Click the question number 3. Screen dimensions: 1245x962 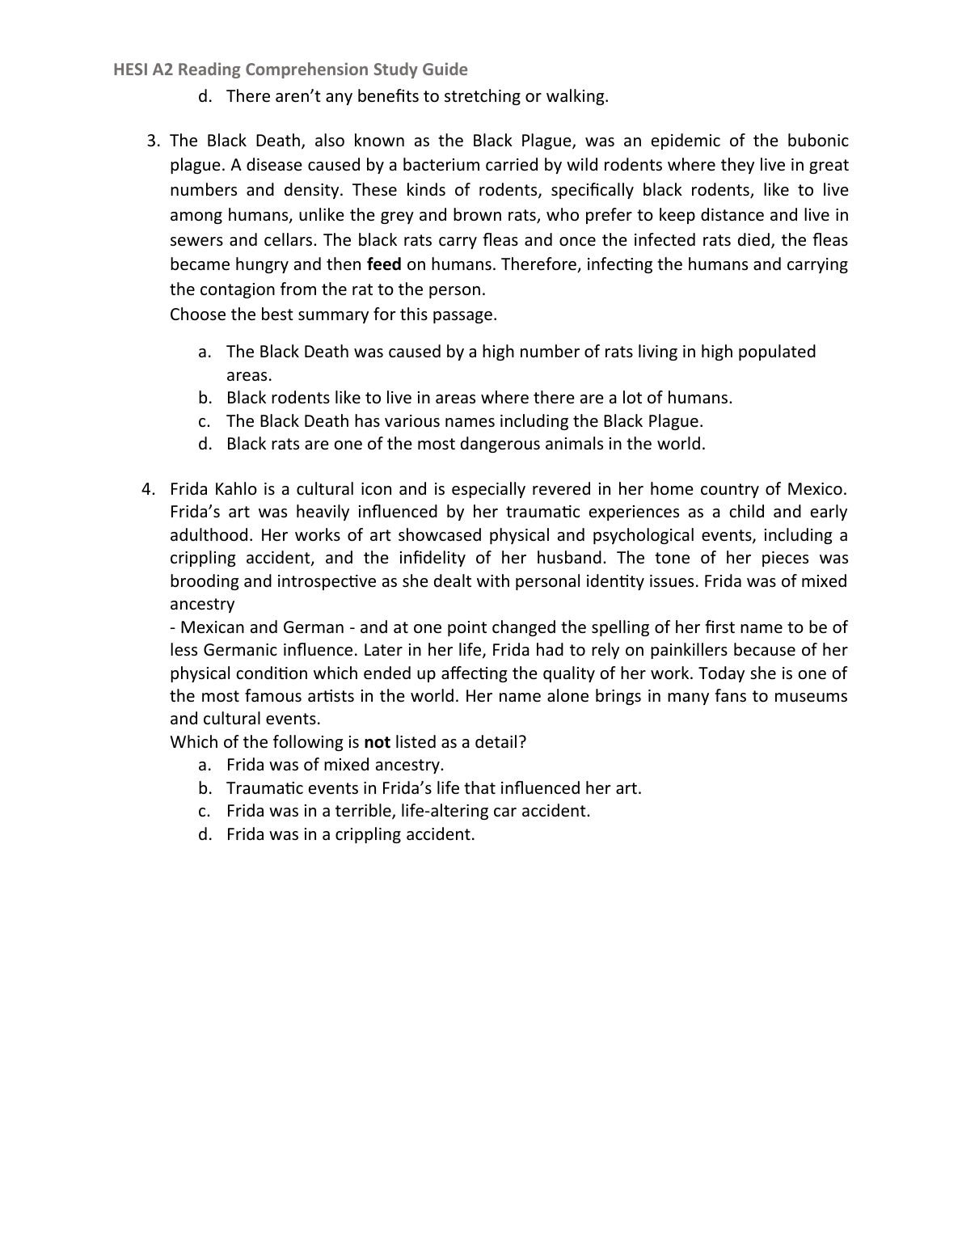pyautogui.click(x=154, y=141)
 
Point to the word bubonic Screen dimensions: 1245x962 pyautogui.click(x=818, y=141)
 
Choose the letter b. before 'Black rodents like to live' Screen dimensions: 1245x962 pyautogui.click(x=205, y=398)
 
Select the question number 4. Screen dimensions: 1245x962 pyautogui.click(x=147, y=489)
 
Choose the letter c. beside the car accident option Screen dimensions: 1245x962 pyautogui.click(x=205, y=811)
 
